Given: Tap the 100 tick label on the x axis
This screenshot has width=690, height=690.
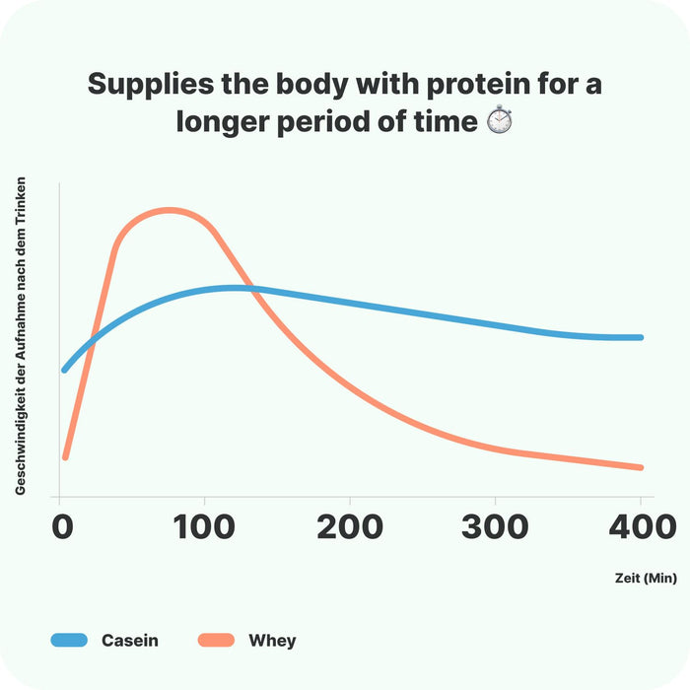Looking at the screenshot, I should click(204, 526).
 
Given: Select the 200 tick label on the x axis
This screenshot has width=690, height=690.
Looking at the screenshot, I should click(350, 526).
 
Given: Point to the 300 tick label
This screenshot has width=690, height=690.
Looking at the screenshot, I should click(495, 526).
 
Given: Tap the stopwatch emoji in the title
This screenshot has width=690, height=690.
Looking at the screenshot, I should click(500, 122).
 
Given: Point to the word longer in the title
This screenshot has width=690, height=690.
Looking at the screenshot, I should click(233, 122).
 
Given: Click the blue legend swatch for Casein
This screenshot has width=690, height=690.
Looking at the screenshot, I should click(69, 641).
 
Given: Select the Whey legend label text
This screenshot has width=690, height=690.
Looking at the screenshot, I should click(271, 641).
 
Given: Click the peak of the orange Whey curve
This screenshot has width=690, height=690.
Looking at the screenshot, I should click(170, 210).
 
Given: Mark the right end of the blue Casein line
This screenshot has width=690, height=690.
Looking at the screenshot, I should click(641, 337).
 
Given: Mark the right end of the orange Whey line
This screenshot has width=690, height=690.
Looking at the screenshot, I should click(641, 467).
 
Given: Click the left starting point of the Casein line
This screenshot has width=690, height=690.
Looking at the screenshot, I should click(65, 370).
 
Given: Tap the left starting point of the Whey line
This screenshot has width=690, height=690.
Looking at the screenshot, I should click(65, 457).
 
